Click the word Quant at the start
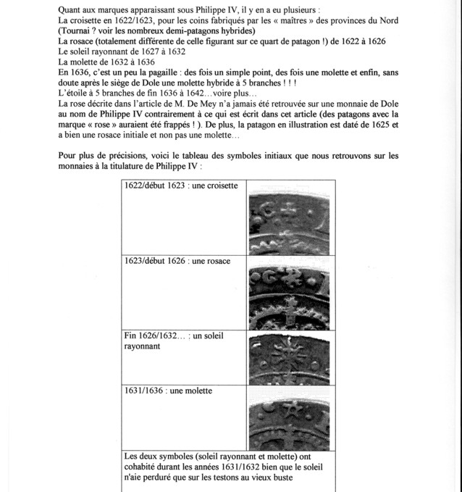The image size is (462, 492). coord(71,9)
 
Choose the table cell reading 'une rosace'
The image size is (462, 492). coord(177,261)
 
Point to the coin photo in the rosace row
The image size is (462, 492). coord(288,293)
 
